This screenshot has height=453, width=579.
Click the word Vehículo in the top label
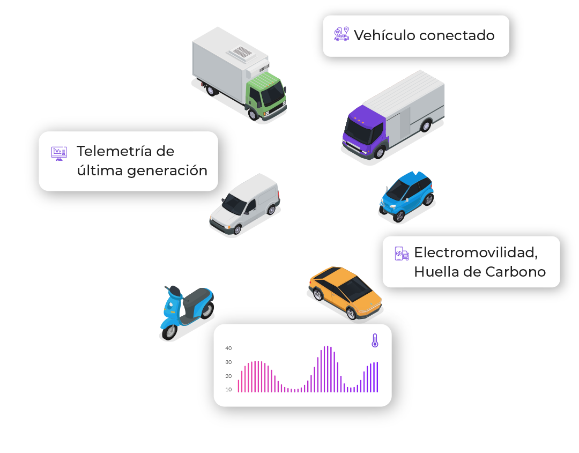click(x=385, y=35)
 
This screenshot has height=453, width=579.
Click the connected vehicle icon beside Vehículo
click(x=342, y=34)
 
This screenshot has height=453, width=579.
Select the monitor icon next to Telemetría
click(x=59, y=153)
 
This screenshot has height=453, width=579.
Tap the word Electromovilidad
click(x=476, y=253)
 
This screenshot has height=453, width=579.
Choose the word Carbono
click(x=516, y=272)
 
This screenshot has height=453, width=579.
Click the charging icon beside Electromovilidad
click(x=402, y=254)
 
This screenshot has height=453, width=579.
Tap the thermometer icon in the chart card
click(x=375, y=340)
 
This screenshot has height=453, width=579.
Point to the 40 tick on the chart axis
click(x=228, y=348)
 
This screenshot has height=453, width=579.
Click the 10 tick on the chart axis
click(x=228, y=390)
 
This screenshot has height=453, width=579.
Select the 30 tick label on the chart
click(x=228, y=362)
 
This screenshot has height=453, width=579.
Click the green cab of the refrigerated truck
click(x=266, y=94)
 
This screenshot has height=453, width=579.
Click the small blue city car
click(x=406, y=196)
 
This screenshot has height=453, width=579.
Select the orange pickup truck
click(x=345, y=293)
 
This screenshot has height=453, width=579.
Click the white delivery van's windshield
click(x=234, y=204)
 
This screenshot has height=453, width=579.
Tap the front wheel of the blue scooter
click(x=169, y=331)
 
